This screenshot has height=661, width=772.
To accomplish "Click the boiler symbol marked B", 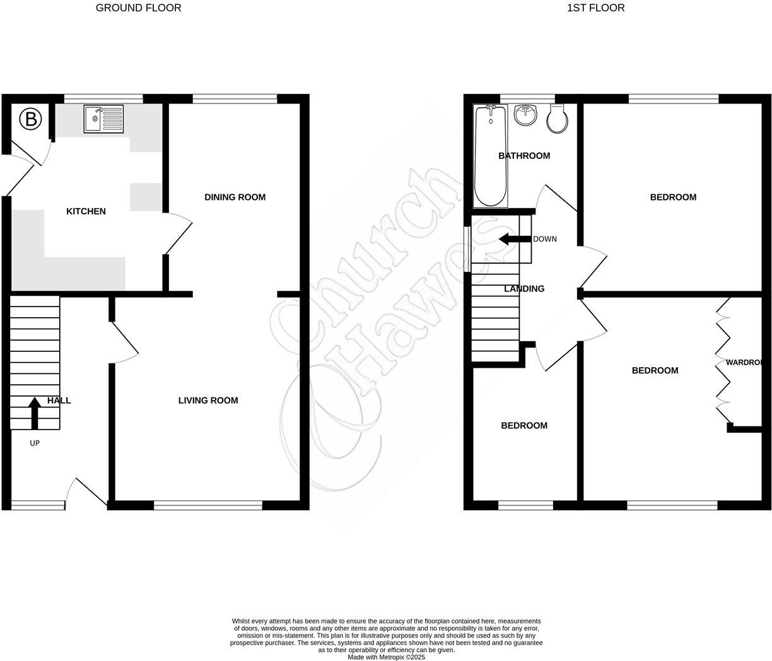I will point(30,119).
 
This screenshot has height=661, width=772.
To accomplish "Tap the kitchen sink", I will point(103,119).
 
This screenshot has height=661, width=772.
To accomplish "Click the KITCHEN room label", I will point(86,211).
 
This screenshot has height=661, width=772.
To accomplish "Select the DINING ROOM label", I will point(235,197).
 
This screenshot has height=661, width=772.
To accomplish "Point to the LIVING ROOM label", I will point(208,401).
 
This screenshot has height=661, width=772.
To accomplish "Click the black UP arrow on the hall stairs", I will point(35,414).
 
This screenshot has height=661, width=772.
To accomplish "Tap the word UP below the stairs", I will point(35,443).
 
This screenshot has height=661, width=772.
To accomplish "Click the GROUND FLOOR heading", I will point(138,8).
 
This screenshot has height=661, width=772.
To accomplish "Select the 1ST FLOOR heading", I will point(596,8).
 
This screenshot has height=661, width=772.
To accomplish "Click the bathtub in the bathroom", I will point(491,156).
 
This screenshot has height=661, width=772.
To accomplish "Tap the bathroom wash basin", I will point(525,115).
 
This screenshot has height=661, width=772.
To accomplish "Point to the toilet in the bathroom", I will point(558,119).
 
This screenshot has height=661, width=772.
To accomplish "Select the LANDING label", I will point(524,289).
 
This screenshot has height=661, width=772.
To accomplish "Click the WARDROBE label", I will point(745,363).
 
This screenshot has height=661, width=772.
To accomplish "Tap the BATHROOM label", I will point(524,156).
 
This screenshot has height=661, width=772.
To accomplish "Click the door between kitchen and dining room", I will point(178,233).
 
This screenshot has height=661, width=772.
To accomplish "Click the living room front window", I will point(208,505).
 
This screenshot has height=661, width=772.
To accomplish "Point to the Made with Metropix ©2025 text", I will point(386,657).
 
